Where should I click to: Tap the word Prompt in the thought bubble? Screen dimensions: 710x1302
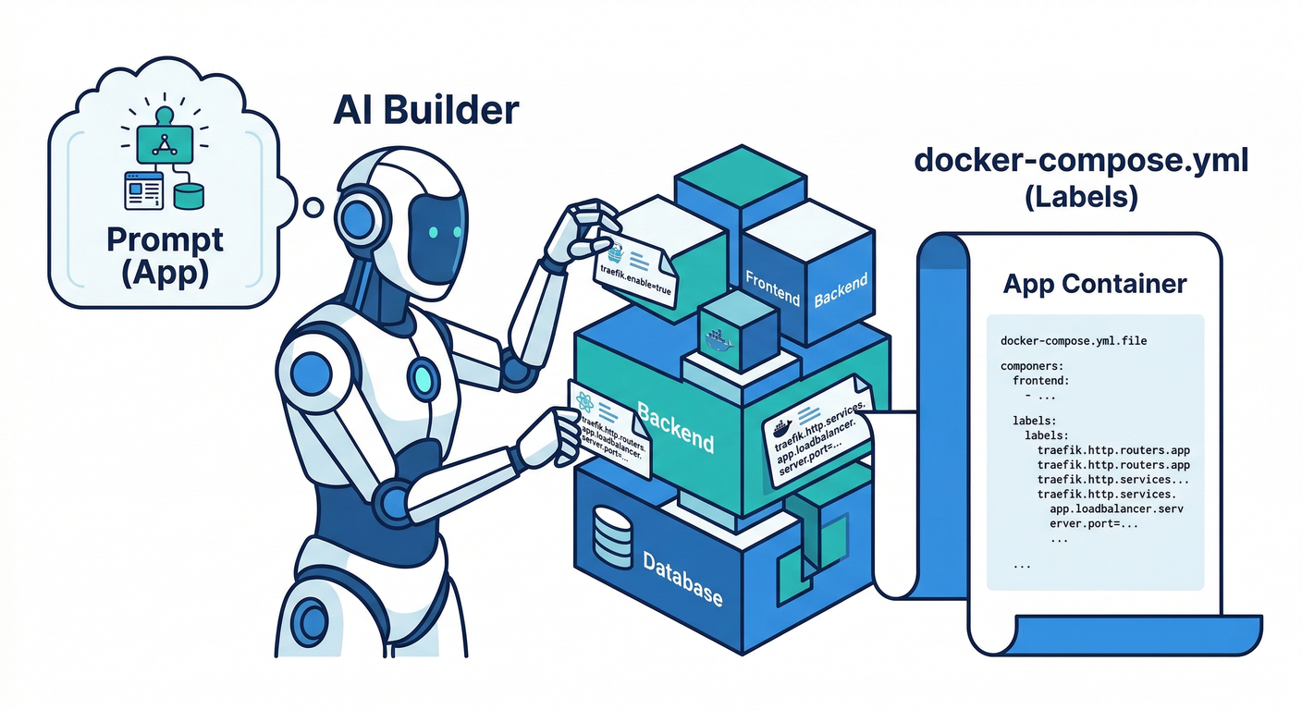tap(165, 239)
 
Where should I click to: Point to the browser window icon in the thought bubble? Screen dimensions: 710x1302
tap(143, 190)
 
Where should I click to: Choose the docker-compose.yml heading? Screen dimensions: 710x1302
tap(1081, 160)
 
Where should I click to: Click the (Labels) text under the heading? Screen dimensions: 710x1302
tap(1081, 197)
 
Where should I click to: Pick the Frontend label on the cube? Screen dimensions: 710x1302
tap(772, 288)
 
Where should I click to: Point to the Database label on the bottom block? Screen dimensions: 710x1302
tap(682, 579)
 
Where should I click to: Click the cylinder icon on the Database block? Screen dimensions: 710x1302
tap(615, 536)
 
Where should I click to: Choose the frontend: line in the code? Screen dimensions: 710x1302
tap(1041, 380)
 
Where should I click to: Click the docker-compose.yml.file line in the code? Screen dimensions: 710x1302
tap(1074, 341)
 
